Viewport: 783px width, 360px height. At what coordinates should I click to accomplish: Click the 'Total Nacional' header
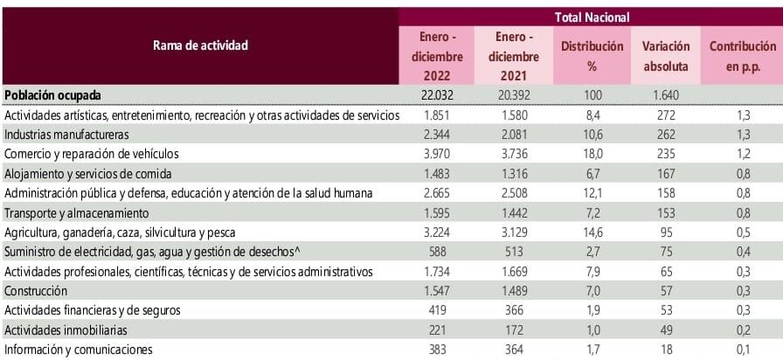(592, 17)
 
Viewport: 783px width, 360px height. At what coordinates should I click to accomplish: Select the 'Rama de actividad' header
(200, 45)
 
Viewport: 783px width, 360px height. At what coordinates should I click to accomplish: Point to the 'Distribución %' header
(592, 55)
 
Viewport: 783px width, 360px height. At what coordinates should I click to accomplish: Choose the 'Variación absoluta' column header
(665, 55)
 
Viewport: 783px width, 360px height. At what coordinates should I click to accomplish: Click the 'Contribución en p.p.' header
(742, 55)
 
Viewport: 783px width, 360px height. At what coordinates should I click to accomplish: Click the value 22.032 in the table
(434, 95)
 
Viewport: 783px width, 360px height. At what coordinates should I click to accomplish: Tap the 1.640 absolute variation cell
(665, 95)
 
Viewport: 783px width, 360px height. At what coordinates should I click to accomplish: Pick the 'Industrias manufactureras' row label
(66, 135)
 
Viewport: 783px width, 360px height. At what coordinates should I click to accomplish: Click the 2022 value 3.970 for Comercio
(434, 154)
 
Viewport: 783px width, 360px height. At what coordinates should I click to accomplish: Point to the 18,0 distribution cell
(592, 154)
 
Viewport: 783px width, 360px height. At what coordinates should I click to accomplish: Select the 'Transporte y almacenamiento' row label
(77, 212)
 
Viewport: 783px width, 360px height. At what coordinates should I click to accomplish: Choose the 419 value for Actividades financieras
(434, 310)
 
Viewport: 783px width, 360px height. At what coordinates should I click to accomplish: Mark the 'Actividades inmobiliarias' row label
(66, 330)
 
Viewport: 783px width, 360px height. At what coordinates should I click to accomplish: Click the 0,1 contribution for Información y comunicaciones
(742, 350)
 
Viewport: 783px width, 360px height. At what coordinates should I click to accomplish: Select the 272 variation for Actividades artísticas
(665, 115)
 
